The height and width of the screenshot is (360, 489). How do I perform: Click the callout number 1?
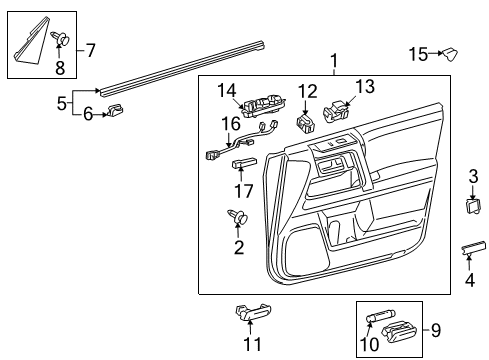point(334,60)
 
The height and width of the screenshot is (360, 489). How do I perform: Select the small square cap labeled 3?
point(473,206)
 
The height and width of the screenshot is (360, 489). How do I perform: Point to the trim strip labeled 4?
point(474,248)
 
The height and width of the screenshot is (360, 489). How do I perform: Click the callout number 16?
point(232,124)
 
